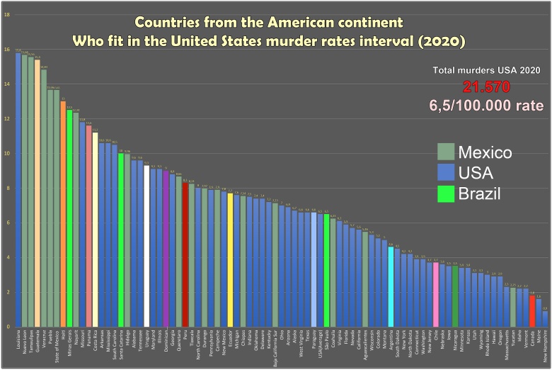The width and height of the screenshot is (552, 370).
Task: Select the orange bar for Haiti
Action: [62, 213]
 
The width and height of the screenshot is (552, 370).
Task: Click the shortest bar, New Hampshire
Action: [545, 318]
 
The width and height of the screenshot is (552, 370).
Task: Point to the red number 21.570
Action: [486, 87]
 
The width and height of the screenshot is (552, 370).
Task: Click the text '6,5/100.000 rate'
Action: [486, 106]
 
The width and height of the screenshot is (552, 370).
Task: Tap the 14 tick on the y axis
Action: [6, 84]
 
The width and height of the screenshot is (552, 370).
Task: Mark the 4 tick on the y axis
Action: [6, 257]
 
